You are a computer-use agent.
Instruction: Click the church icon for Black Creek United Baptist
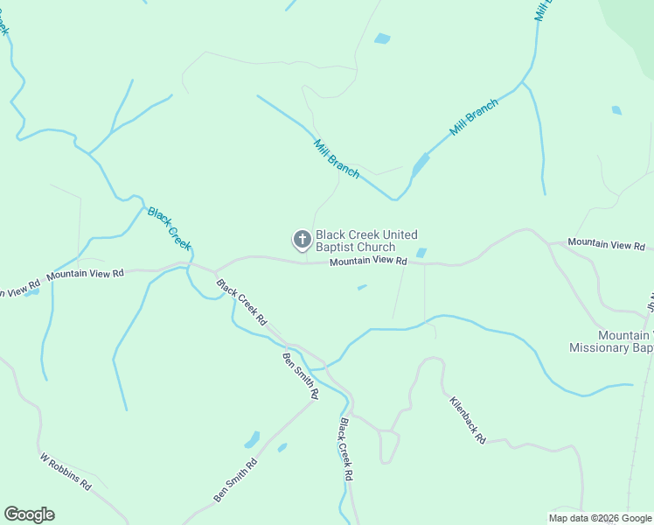[302, 239]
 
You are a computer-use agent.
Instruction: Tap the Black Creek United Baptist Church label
[366, 241]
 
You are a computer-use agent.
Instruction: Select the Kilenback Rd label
[468, 420]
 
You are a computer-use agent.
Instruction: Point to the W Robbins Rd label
[66, 471]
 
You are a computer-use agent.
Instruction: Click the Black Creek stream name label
[169, 228]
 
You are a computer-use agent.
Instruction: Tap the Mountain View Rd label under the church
[368, 261]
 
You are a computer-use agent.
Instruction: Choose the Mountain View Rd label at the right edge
[605, 244]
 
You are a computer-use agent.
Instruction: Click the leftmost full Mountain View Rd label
[86, 274]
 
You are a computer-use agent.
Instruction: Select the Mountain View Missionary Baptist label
[611, 341]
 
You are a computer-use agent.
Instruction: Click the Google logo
[29, 514]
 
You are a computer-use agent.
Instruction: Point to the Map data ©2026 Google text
[601, 518]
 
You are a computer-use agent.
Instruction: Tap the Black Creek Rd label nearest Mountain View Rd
[241, 303]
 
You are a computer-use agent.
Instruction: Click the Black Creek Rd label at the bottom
[345, 449]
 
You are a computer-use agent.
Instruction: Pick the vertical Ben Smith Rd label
[300, 375]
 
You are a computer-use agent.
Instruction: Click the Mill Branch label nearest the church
[337, 158]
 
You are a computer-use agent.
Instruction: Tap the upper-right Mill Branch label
[474, 117]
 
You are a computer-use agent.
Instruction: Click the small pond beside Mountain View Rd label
[421, 253]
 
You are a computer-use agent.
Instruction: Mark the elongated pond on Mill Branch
[421, 164]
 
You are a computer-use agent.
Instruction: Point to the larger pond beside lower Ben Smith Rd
[252, 438]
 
